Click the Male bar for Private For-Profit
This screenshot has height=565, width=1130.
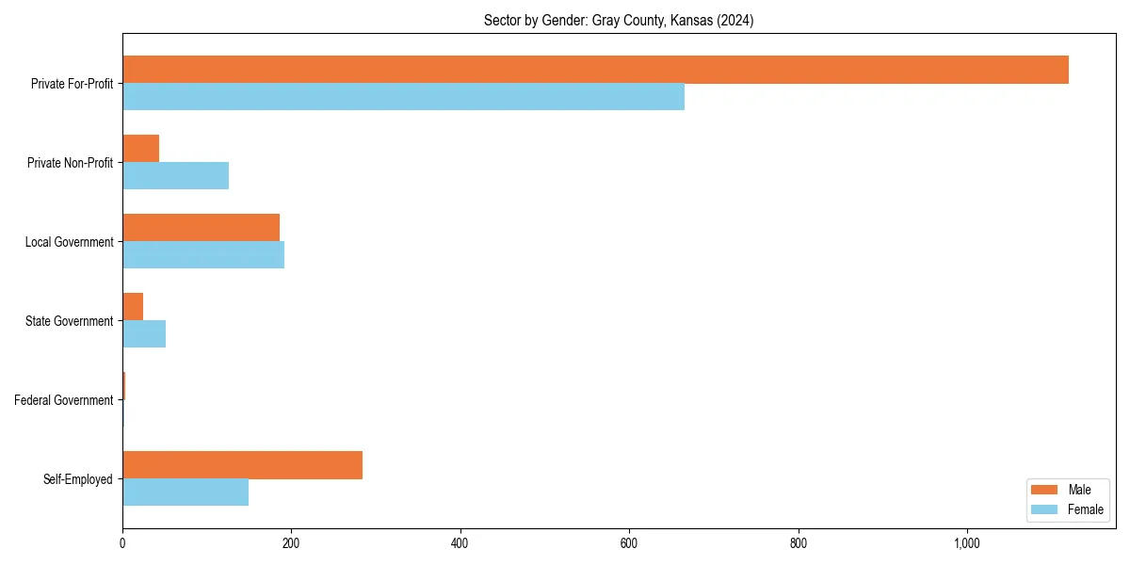pos(595,70)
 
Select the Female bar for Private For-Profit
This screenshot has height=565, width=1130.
pos(403,97)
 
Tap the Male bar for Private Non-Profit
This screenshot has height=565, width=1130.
pos(141,149)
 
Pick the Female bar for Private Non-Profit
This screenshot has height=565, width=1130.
pos(175,176)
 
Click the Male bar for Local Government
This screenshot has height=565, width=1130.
pos(201,228)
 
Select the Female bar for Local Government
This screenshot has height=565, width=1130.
pos(203,255)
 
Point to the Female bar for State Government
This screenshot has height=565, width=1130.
pos(144,334)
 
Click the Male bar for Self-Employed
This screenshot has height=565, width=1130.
pos(242,465)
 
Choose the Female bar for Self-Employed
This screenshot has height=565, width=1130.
pos(186,492)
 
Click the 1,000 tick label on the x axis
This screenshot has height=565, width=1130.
pos(967,543)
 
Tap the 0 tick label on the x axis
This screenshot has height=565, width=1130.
pos(122,543)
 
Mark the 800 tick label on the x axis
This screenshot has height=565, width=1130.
pos(799,543)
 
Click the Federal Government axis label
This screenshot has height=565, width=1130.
pos(64,400)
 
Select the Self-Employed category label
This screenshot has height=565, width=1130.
pos(78,479)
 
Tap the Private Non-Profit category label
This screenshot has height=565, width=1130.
pos(70,163)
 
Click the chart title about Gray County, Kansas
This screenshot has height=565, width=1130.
pos(619,20)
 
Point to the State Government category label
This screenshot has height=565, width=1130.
pos(70,321)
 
